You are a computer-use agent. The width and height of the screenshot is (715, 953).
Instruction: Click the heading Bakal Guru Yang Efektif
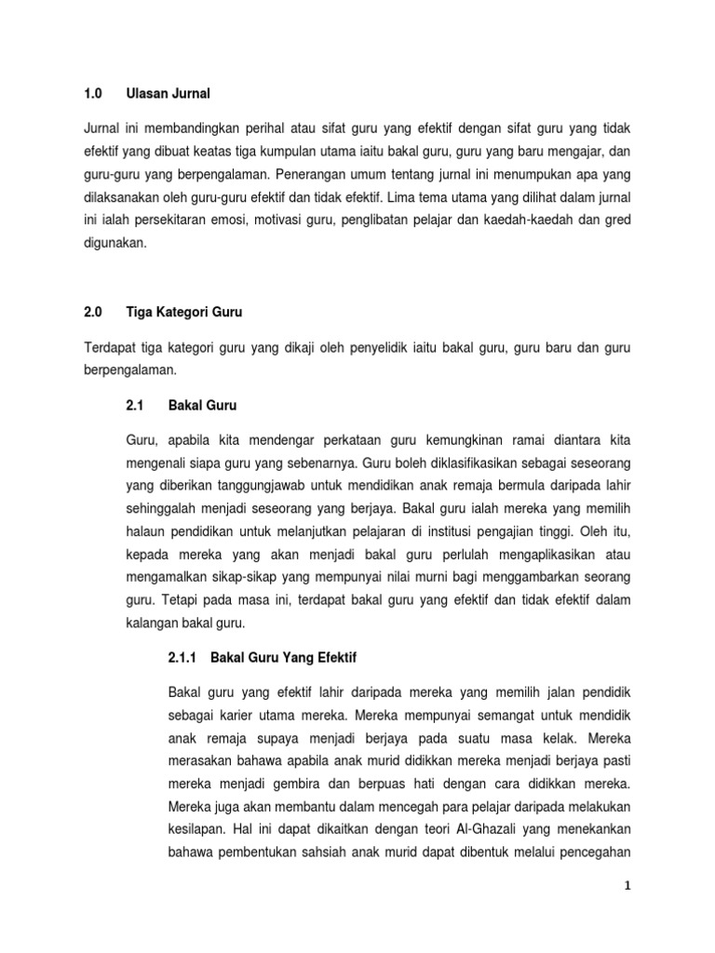284,657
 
